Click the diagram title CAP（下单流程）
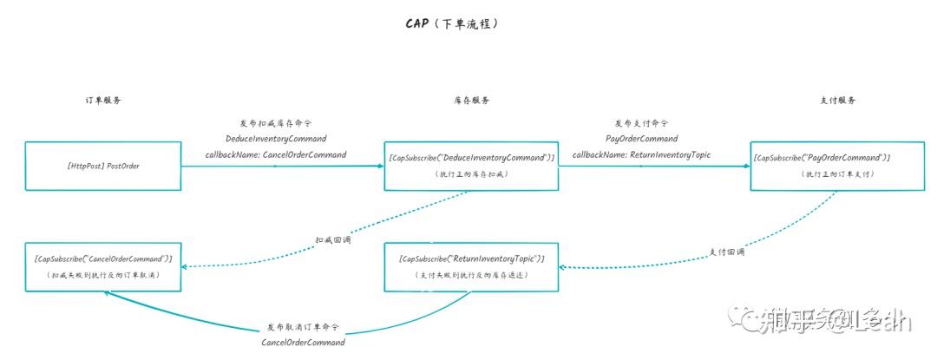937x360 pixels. [452, 24]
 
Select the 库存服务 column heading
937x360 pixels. [471, 101]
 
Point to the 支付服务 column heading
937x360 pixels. [837, 101]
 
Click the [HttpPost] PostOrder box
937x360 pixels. [103, 165]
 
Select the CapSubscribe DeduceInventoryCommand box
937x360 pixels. [471, 165]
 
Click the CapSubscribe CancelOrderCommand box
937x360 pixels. [103, 265]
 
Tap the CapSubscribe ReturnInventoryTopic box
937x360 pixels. [471, 265]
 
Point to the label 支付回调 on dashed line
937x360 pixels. [727, 252]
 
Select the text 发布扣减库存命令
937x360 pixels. [275, 123]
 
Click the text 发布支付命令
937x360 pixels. [641, 123]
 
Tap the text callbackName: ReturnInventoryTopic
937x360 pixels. [641, 154]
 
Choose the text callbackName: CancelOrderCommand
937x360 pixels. [275, 154]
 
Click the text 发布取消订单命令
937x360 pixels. [303, 328]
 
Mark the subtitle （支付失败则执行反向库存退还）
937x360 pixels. [471, 275]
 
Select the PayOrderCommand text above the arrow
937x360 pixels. [641, 139]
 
